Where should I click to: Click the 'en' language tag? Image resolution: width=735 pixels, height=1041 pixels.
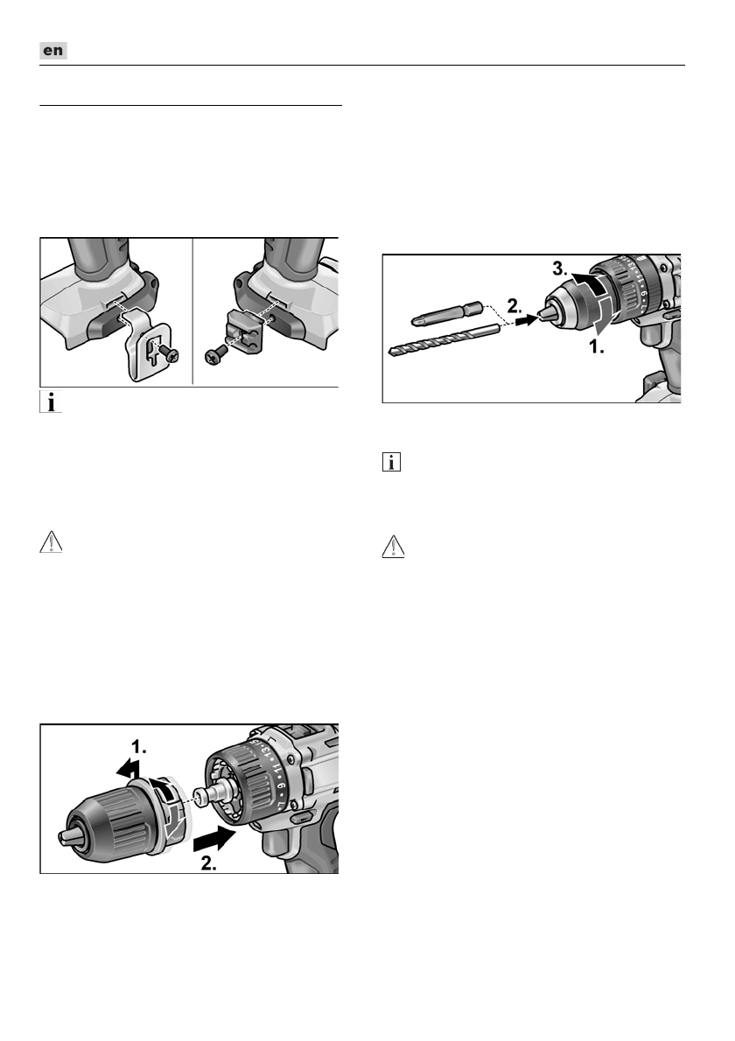(x=53, y=51)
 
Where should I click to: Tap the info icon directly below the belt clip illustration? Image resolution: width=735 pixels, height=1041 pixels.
(x=51, y=402)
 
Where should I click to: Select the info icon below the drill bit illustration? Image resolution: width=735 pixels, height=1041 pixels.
(x=392, y=462)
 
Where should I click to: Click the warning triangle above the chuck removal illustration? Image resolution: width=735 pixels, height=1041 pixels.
(x=51, y=542)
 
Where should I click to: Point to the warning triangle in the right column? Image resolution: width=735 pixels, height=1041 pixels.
(x=393, y=547)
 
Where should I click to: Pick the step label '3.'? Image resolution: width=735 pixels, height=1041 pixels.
(x=561, y=269)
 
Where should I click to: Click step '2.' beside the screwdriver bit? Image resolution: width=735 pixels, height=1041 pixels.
(x=515, y=306)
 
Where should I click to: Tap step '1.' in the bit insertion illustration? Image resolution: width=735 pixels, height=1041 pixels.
(x=597, y=346)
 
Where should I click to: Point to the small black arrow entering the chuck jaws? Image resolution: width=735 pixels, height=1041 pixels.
(x=527, y=321)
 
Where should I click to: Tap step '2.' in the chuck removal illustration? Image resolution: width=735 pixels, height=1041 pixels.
(x=209, y=864)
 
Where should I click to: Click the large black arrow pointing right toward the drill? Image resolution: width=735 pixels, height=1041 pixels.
(x=214, y=839)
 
